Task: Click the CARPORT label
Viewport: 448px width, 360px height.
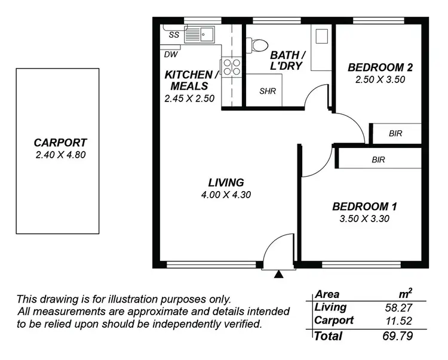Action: pyautogui.click(x=60, y=143)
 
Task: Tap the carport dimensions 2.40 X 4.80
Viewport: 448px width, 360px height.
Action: pyautogui.click(x=60, y=154)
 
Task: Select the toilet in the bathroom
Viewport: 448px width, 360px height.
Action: pyautogui.click(x=259, y=44)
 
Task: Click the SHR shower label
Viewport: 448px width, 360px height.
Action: pyautogui.click(x=266, y=92)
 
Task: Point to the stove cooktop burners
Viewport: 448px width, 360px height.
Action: pyautogui.click(x=232, y=67)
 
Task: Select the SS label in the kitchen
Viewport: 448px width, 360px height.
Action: pyautogui.click(x=174, y=35)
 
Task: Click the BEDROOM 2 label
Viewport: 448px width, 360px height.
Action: pyautogui.click(x=381, y=67)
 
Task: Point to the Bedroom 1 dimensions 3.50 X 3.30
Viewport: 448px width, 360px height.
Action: pyautogui.click(x=364, y=219)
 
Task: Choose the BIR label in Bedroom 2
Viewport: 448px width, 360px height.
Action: pyautogui.click(x=395, y=134)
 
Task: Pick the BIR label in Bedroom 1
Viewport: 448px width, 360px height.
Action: pyautogui.click(x=378, y=159)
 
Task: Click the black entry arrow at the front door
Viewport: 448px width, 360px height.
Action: pyautogui.click(x=278, y=275)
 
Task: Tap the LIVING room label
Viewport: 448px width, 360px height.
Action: pyautogui.click(x=226, y=183)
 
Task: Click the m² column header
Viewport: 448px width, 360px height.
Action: pyautogui.click(x=406, y=293)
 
